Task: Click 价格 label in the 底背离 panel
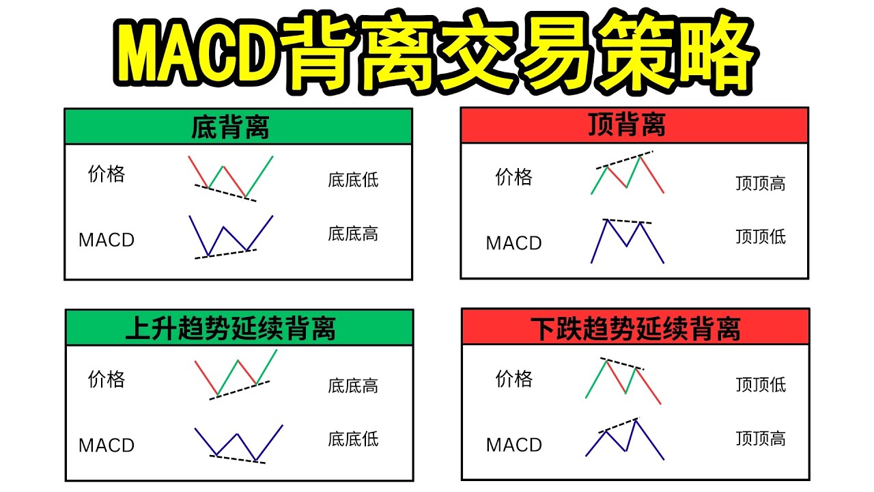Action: (x=107, y=174)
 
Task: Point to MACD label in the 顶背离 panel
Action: (x=513, y=243)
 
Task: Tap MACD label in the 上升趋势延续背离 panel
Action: (x=107, y=446)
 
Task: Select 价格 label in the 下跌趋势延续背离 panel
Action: (x=513, y=379)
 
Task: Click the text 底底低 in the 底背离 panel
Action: (x=353, y=180)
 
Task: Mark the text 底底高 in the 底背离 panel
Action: (x=353, y=234)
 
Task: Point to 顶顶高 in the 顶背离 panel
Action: (x=761, y=184)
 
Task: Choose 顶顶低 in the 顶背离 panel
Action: (x=761, y=237)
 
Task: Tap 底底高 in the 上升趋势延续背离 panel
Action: (x=353, y=386)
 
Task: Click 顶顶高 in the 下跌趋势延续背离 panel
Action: (x=761, y=439)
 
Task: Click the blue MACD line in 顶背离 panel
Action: (x=617, y=233)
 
